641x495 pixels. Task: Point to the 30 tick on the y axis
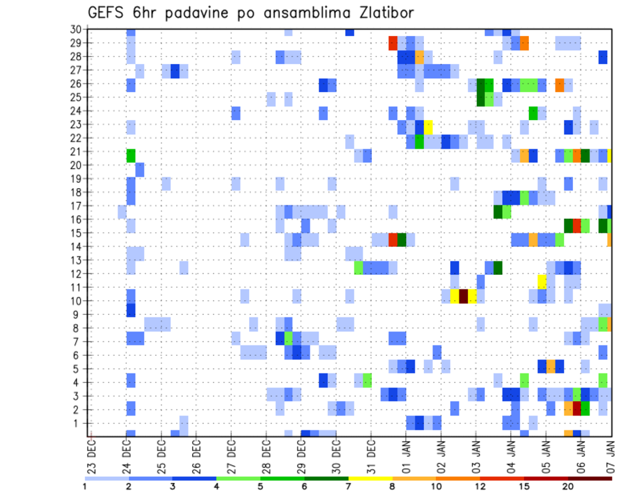[x=75, y=29]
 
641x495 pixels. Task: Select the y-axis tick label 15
[x=75, y=233]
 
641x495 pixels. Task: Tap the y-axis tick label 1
[x=77, y=423]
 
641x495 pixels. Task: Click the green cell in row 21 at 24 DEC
[x=131, y=155]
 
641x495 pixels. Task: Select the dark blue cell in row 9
[x=131, y=310]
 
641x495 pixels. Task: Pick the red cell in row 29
[x=393, y=43]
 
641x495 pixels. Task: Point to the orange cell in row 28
[x=419, y=57]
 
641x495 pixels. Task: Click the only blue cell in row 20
[x=140, y=169]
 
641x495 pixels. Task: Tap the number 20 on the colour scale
[x=568, y=486]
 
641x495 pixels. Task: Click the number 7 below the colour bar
[x=349, y=486]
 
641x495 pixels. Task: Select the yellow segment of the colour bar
[x=371, y=478]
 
